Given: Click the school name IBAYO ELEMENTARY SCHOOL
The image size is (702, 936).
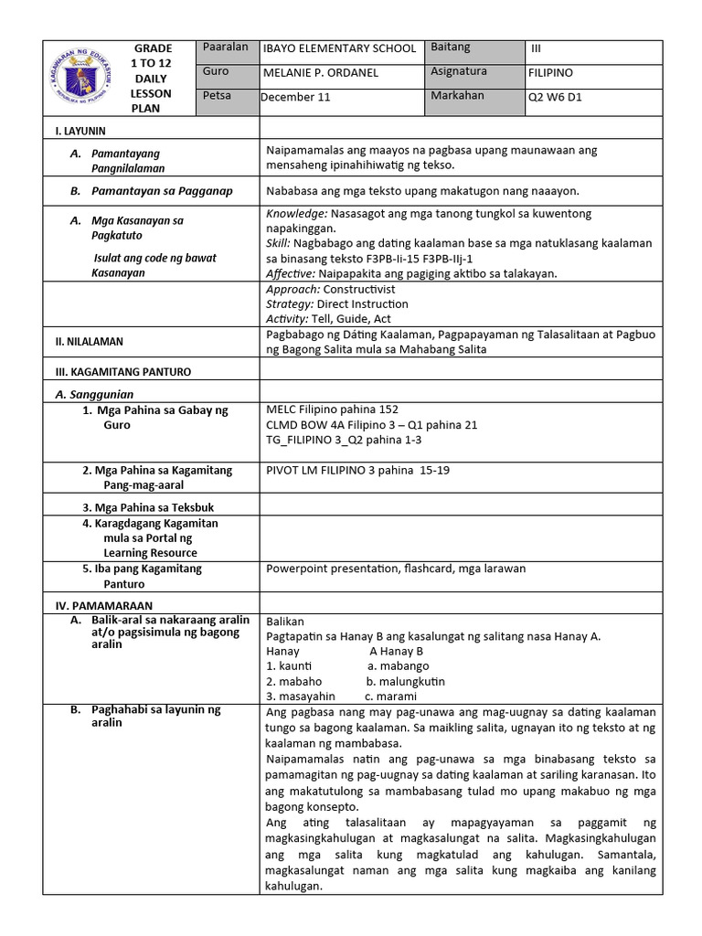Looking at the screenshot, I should point(339,48).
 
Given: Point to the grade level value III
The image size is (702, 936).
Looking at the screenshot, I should point(537,48).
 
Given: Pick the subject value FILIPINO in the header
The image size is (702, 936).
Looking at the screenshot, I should point(551,72).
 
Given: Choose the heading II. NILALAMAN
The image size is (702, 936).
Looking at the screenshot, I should point(90,342).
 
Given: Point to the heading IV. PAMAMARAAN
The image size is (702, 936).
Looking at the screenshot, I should point(103,605).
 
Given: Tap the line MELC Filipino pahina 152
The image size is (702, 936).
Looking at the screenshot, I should point(332,409).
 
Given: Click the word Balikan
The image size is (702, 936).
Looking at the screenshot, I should point(285,622).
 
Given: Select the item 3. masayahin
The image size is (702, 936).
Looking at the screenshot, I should point(301,697).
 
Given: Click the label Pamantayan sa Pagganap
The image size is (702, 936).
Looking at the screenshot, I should point(162,191).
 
